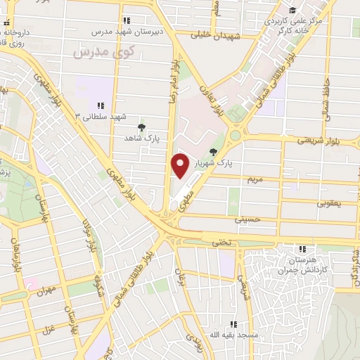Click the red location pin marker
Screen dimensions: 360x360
[180, 165]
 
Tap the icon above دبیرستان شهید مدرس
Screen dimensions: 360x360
[126, 20]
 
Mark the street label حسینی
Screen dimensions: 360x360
[251, 219]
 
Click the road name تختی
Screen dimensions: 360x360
[221, 241]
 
